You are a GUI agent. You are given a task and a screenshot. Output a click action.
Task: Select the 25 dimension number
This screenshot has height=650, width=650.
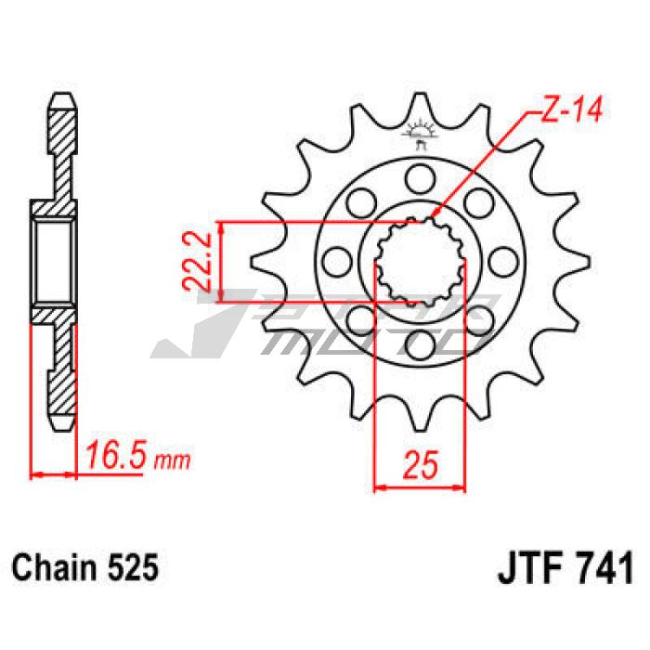tap(421, 464)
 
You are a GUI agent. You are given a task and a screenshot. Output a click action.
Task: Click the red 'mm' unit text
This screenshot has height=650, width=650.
tap(172, 460)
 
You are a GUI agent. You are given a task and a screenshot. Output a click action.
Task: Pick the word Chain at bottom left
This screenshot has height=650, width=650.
tap(54, 567)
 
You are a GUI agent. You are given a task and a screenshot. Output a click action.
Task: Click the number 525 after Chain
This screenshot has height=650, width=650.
tap(133, 567)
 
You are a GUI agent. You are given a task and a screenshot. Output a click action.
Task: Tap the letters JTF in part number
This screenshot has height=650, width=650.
tap(533, 567)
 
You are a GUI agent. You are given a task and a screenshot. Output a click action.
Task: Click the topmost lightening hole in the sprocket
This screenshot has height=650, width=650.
tap(421, 179)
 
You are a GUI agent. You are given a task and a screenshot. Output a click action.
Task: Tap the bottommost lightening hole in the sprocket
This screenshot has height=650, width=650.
tap(421, 344)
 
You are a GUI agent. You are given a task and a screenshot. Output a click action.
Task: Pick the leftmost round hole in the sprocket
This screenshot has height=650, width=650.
tap(337, 262)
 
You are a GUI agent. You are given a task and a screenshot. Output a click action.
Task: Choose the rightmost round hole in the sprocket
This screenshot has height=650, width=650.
tap(503, 262)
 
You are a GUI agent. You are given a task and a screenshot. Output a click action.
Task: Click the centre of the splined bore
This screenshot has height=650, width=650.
tap(421, 262)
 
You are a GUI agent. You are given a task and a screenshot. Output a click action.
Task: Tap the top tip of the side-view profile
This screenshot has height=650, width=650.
tap(63, 94)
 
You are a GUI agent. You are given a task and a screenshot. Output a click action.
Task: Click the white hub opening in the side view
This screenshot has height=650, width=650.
tap(54, 261)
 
